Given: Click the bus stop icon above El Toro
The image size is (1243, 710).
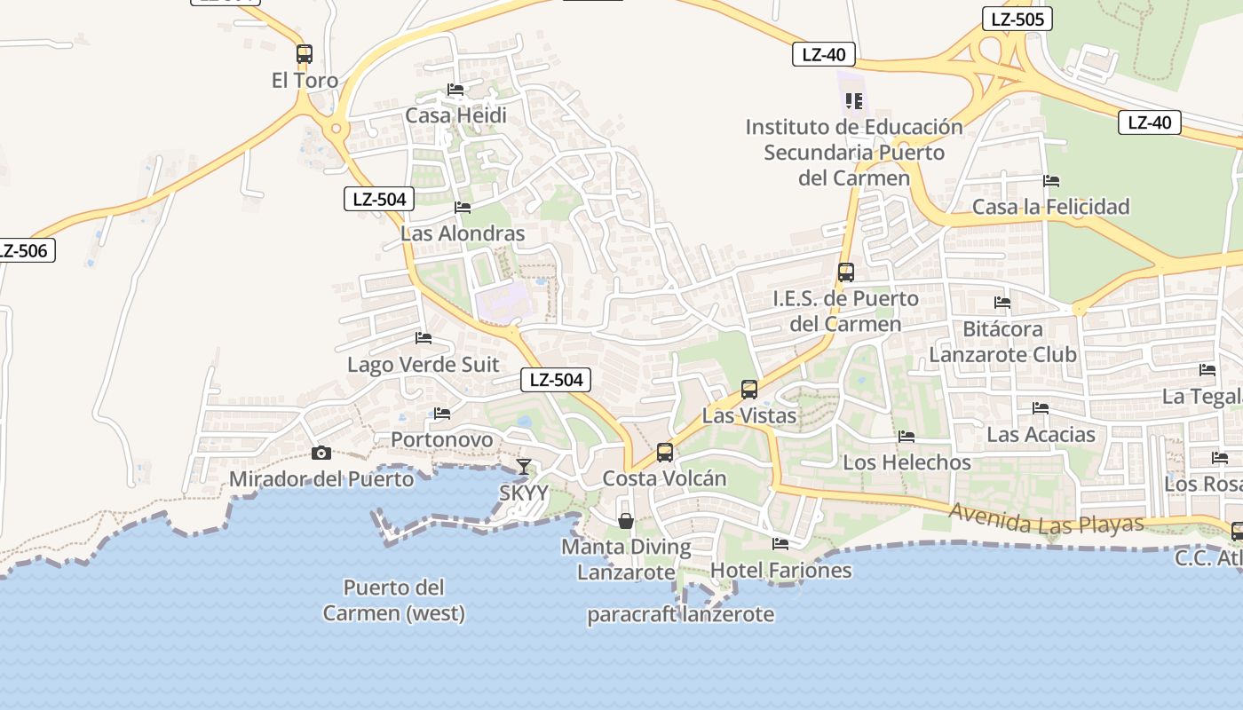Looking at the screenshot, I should click(x=305, y=53).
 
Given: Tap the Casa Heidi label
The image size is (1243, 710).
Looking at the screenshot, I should click(x=455, y=115).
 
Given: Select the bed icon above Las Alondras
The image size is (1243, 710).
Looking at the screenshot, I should click(x=463, y=208).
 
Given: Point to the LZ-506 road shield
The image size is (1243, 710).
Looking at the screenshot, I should click(x=23, y=250).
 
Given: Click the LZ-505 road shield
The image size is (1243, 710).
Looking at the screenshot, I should click(x=1017, y=19).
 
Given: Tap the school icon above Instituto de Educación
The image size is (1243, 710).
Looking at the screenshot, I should click(x=854, y=100).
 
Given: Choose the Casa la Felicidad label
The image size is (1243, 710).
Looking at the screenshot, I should click(x=1050, y=207).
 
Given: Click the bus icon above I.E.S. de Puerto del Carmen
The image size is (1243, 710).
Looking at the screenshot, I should click(x=846, y=272).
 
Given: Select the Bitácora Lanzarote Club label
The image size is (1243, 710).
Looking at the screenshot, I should click(x=1002, y=342).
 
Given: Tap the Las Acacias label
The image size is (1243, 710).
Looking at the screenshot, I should click(x=1041, y=435).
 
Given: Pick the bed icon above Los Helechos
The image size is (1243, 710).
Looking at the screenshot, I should click(x=907, y=437).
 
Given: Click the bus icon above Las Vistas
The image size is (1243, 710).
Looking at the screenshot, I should click(x=749, y=389).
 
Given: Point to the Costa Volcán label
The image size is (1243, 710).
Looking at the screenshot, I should click(x=664, y=478).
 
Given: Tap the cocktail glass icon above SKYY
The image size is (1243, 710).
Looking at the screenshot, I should click(x=525, y=466).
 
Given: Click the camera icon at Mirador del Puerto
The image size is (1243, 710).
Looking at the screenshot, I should click(x=321, y=453).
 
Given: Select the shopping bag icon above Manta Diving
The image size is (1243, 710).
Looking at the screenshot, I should click(x=626, y=520).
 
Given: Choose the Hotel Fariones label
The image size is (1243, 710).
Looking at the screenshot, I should click(x=781, y=570).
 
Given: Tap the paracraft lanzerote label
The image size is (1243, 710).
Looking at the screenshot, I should click(x=680, y=614).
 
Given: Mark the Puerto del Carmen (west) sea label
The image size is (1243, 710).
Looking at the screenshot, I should click(x=393, y=600).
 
